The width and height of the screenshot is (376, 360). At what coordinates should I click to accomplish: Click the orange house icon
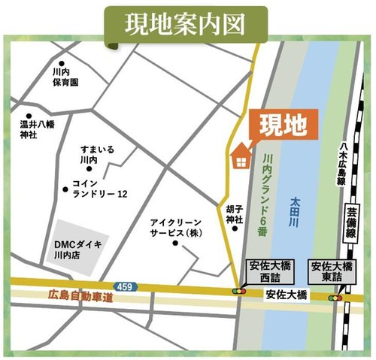(x=241, y=156)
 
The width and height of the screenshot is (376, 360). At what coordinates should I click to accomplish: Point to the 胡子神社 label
(x=234, y=213)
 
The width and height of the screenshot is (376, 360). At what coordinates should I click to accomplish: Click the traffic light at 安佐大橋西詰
(x=239, y=290)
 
